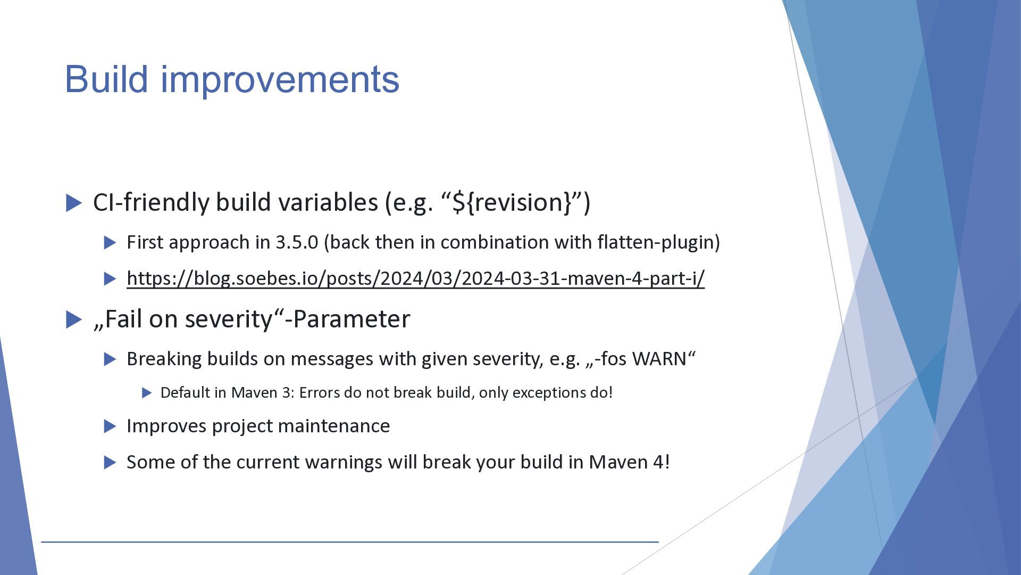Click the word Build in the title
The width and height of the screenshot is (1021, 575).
pyautogui.click(x=106, y=79)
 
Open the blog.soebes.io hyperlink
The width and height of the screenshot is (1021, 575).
pyautogui.click(x=415, y=278)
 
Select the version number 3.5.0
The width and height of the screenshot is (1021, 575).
pyautogui.click(x=297, y=242)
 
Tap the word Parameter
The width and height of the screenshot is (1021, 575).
pyautogui.click(x=352, y=319)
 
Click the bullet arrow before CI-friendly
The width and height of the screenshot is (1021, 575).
pyautogui.click(x=74, y=203)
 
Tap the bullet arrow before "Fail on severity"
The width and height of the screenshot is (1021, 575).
pyautogui.click(x=74, y=320)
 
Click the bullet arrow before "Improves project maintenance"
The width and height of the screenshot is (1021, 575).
pyautogui.click(x=110, y=426)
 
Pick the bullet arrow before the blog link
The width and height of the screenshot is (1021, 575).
pyautogui.click(x=110, y=279)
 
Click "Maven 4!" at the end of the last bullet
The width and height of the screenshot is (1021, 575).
pyautogui.click(x=629, y=462)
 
